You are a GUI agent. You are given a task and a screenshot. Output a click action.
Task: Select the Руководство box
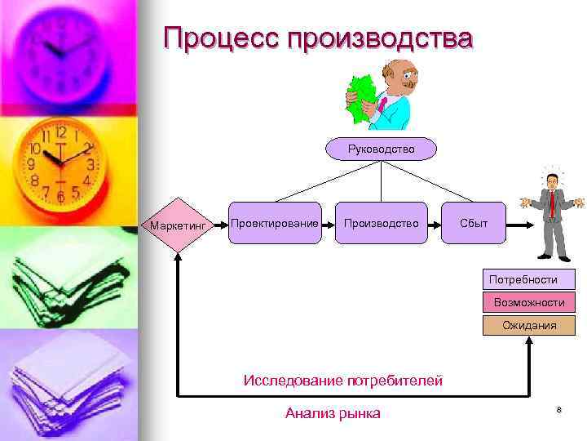pos(381,149)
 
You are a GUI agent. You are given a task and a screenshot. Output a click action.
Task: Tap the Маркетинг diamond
pos(177,224)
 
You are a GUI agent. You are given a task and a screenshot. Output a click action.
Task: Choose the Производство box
pos(381,223)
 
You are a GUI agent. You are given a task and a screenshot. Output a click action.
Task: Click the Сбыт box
pos(474,223)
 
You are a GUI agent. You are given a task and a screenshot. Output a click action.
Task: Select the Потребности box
pos(528,279)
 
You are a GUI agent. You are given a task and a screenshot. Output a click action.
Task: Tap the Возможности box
pos(528,302)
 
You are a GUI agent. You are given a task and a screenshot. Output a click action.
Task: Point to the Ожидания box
pos(528,325)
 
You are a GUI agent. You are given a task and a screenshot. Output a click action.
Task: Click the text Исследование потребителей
pos(343,380)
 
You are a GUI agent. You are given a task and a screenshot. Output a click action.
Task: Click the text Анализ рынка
pos(333,413)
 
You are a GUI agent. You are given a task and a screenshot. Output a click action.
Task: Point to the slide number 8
pos(559,409)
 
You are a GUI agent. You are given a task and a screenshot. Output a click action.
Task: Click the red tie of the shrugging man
pos(552,203)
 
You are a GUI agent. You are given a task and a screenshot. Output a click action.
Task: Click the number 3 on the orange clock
pos(90,164)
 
